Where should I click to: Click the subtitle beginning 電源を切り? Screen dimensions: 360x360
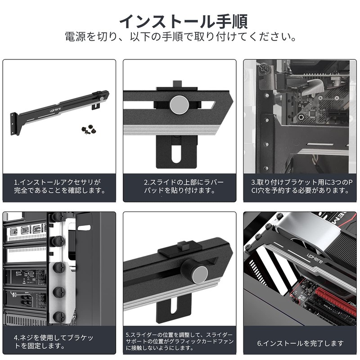(x=180, y=36)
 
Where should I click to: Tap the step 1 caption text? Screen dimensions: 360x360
(x=59, y=186)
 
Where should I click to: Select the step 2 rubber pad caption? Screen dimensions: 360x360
(x=180, y=186)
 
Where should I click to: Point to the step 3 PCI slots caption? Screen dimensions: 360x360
(x=300, y=186)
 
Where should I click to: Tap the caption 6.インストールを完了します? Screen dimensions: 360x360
(x=300, y=343)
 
